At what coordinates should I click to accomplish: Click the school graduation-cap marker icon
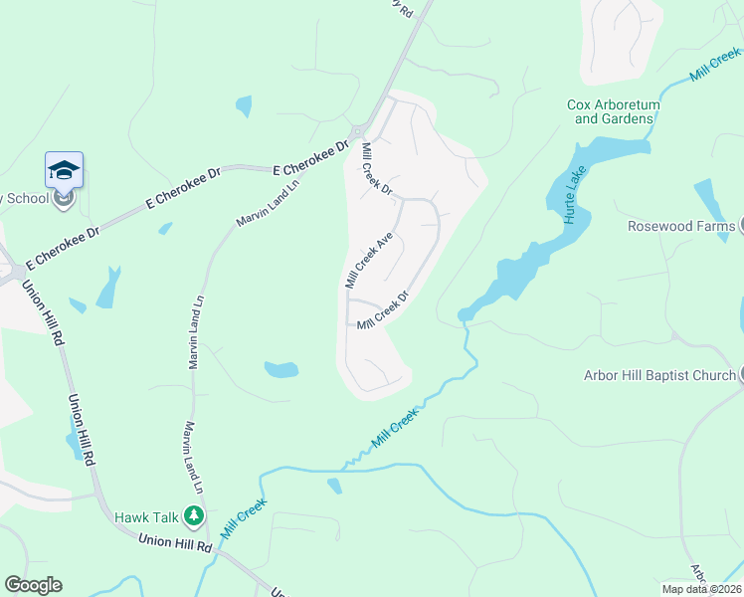point(64,169)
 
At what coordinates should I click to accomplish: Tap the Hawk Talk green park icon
point(194,516)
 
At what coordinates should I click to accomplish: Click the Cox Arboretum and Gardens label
point(610,111)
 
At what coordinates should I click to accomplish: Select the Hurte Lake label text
point(575,194)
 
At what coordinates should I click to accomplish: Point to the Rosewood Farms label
point(680,226)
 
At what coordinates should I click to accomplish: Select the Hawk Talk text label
point(145,516)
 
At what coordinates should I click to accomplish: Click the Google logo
point(33,585)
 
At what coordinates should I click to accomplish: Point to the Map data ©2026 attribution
point(701,589)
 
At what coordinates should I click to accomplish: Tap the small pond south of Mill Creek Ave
point(281,370)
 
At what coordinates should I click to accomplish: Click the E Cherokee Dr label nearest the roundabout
point(311,159)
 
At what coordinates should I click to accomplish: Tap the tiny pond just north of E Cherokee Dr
point(244,105)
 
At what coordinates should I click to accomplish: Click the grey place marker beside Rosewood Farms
point(741,226)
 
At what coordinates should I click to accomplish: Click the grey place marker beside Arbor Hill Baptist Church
point(741,375)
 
